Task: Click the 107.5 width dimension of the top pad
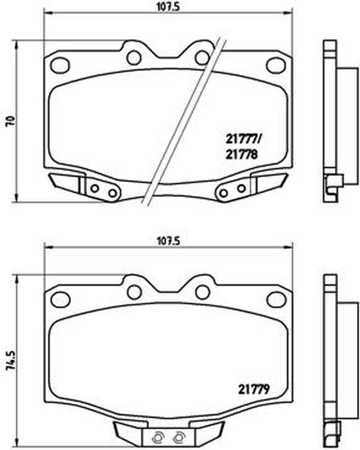(168, 7)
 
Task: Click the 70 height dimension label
(11, 121)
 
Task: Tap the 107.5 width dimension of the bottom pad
(168, 241)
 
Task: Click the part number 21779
(254, 389)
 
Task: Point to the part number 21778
(241, 155)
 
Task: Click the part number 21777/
(243, 139)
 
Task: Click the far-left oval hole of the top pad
(60, 65)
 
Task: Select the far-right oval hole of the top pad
(276, 65)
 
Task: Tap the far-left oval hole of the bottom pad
(60, 299)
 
